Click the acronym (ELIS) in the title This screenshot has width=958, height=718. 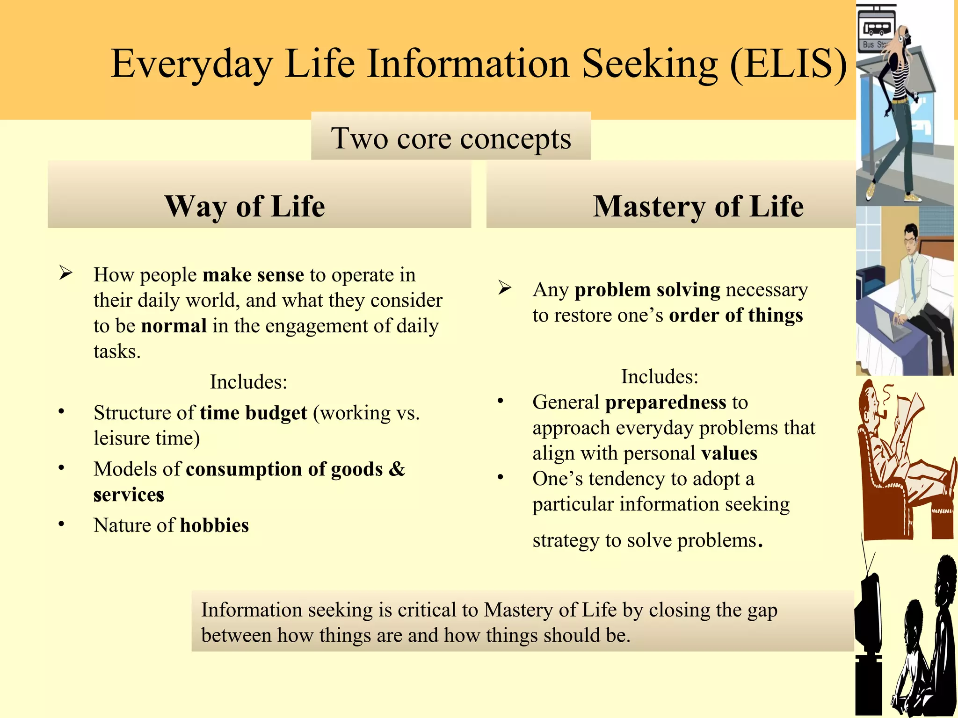pos(788,64)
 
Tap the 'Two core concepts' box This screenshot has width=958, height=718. pos(450,138)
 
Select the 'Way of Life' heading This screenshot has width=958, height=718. pos(245,206)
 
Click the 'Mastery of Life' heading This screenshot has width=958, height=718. pos(698,206)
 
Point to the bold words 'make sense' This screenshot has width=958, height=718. pos(253,275)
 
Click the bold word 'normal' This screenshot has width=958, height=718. pos(174,326)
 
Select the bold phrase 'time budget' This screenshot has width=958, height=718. pos(254,413)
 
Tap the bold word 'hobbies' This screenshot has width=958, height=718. pos(214,525)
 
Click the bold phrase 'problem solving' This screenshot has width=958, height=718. pos(647,290)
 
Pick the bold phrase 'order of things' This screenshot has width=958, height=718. pos(735,316)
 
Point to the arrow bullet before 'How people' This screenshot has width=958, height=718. pos(65,273)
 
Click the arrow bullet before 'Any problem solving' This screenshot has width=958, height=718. pos(505,287)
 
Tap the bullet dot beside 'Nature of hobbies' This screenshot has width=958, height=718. pos(61,524)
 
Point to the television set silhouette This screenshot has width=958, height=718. pos(869,617)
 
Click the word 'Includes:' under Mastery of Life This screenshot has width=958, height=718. pos(659,377)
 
